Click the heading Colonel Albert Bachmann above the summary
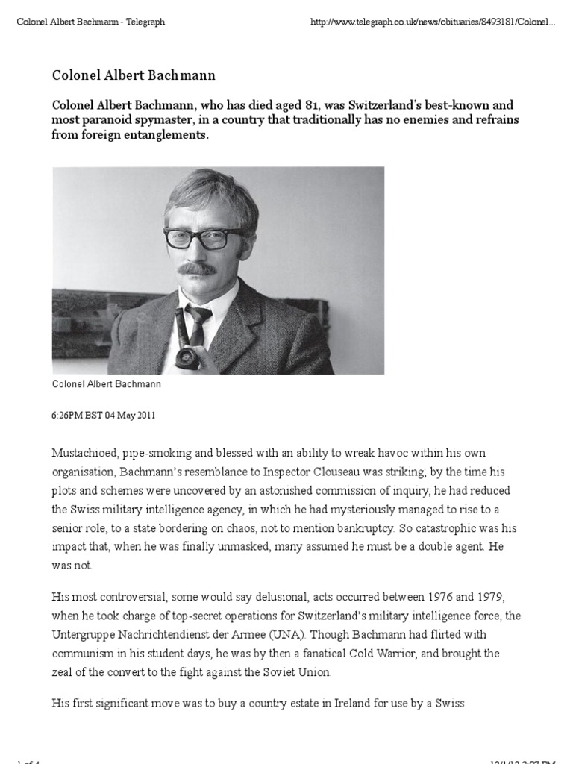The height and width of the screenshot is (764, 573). pyautogui.click(x=134, y=75)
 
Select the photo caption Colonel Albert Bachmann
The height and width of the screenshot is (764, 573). pyautogui.click(x=107, y=385)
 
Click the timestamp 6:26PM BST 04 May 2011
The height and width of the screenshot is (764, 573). pyautogui.click(x=104, y=415)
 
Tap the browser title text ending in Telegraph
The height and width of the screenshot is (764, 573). pyautogui.click(x=91, y=22)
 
